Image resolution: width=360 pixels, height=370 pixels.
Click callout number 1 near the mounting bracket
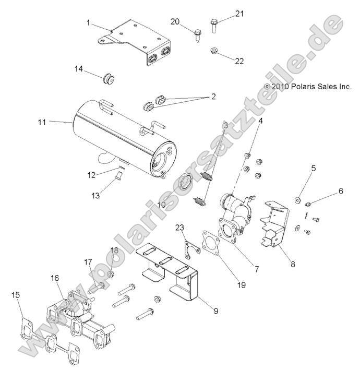pos(88,22)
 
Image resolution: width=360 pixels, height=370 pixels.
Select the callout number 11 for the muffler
pos(42,122)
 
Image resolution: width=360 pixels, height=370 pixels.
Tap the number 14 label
pos(78,68)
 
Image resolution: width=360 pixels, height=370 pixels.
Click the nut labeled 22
pos(213,51)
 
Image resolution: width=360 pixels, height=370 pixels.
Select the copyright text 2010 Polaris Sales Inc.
pos(308,87)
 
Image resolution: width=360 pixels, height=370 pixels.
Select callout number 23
pos(181,228)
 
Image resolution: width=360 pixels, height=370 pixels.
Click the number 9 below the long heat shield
pos(215,311)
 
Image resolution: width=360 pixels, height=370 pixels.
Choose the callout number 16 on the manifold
pos(54,279)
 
